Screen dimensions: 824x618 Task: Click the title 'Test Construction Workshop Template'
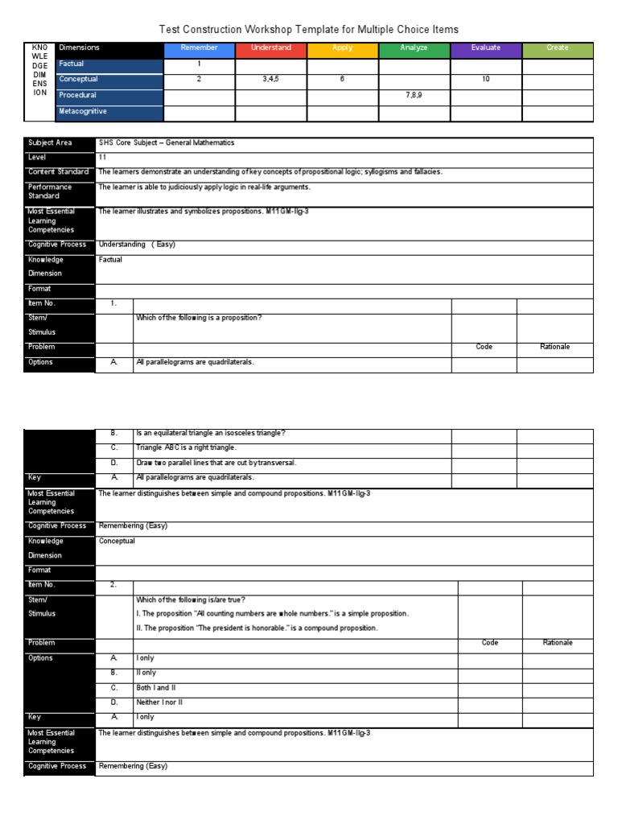(309, 30)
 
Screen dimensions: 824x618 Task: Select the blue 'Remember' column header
(200, 48)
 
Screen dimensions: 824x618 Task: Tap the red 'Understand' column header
(271, 48)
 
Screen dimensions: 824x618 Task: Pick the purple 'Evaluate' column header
(486, 48)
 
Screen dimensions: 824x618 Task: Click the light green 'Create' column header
(558, 48)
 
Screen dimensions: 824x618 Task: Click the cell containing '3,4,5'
(271, 80)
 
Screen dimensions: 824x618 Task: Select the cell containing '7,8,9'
(414, 96)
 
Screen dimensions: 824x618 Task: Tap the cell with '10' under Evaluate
(486, 80)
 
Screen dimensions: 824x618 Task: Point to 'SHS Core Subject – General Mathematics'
(167, 143)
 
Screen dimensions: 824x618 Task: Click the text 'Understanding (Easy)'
(137, 245)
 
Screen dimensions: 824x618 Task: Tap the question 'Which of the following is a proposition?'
(199, 318)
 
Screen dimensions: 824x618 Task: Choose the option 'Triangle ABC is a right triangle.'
(186, 447)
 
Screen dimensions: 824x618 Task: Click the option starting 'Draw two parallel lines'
(216, 463)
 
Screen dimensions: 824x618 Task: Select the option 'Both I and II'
(153, 688)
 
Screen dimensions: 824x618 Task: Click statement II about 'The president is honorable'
(257, 628)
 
